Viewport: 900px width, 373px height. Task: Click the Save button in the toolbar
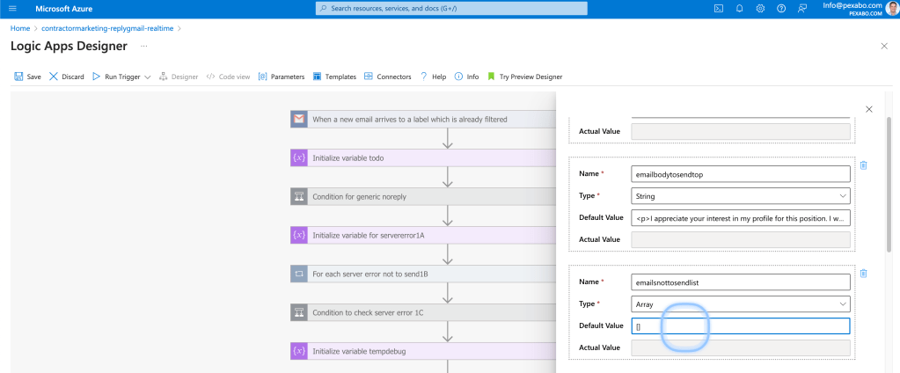point(27,77)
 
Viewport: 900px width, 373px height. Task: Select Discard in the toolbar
point(67,77)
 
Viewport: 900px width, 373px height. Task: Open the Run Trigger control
point(121,77)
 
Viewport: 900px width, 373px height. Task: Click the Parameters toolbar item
point(282,77)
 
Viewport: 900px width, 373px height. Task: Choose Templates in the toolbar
point(334,77)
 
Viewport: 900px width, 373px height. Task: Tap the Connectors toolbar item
point(387,77)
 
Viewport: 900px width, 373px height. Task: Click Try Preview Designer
point(524,77)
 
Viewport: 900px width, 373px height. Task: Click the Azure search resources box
point(451,9)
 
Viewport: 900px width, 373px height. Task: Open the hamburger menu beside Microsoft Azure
point(13,9)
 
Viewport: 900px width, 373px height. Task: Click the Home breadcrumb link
point(20,28)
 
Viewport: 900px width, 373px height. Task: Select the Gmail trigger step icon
point(299,120)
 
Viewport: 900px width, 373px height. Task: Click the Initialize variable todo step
point(423,157)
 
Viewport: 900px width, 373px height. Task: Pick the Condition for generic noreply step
point(423,196)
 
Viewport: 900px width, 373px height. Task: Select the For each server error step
point(423,274)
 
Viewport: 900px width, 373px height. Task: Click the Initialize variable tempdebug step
point(423,351)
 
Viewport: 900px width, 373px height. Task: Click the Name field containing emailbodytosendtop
point(741,174)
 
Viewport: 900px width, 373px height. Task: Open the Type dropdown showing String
point(741,195)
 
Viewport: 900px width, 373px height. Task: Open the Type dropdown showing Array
point(741,304)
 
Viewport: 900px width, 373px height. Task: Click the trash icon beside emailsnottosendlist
point(863,274)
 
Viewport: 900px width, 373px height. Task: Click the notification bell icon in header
point(739,9)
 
